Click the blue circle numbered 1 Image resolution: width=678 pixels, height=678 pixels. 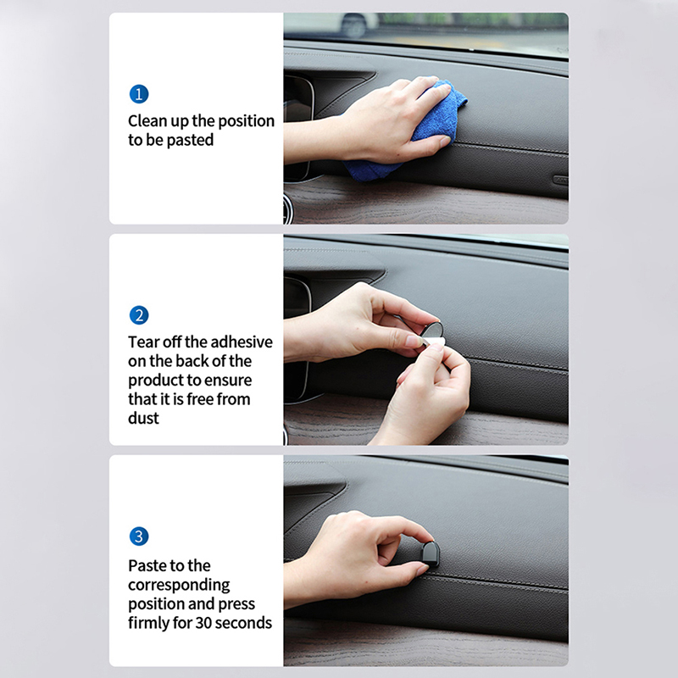[x=139, y=94]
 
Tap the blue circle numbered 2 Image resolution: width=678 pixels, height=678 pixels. [x=139, y=315]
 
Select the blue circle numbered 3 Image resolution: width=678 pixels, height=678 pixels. [x=139, y=536]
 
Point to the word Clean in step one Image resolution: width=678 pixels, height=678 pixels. [x=147, y=120]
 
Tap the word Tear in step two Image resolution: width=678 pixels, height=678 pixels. [x=141, y=342]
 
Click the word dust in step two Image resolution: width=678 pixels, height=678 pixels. [x=143, y=418]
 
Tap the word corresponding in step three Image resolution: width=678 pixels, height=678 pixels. [x=179, y=585]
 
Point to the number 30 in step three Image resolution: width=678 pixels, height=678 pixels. [x=203, y=623]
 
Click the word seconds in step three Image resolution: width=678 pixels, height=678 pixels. [x=243, y=623]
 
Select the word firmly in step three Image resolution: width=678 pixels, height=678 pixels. [x=148, y=623]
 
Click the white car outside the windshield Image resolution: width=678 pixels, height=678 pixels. [x=359, y=24]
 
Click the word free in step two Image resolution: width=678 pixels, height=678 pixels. [x=200, y=399]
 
